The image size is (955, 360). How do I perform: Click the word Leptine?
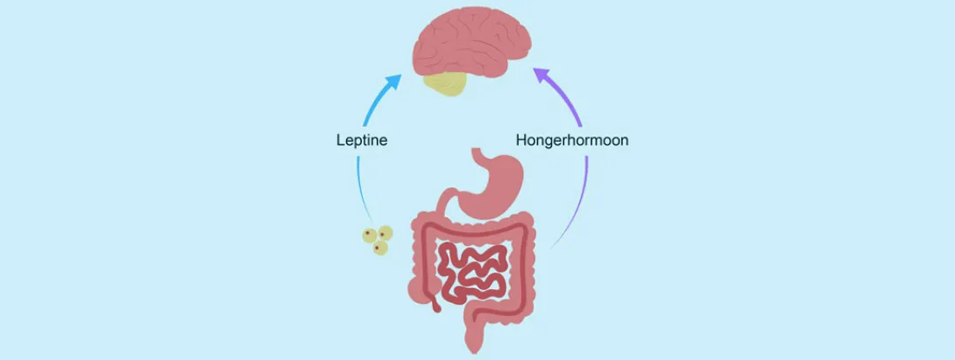[x=363, y=140]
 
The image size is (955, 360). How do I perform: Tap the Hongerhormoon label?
[x=571, y=140]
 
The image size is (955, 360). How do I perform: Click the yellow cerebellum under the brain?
[x=446, y=83]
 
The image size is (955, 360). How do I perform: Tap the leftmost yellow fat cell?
[x=371, y=236]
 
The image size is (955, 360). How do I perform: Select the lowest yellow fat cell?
[x=379, y=250]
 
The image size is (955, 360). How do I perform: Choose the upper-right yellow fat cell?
[x=385, y=233]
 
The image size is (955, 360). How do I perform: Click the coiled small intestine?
[x=473, y=267]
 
